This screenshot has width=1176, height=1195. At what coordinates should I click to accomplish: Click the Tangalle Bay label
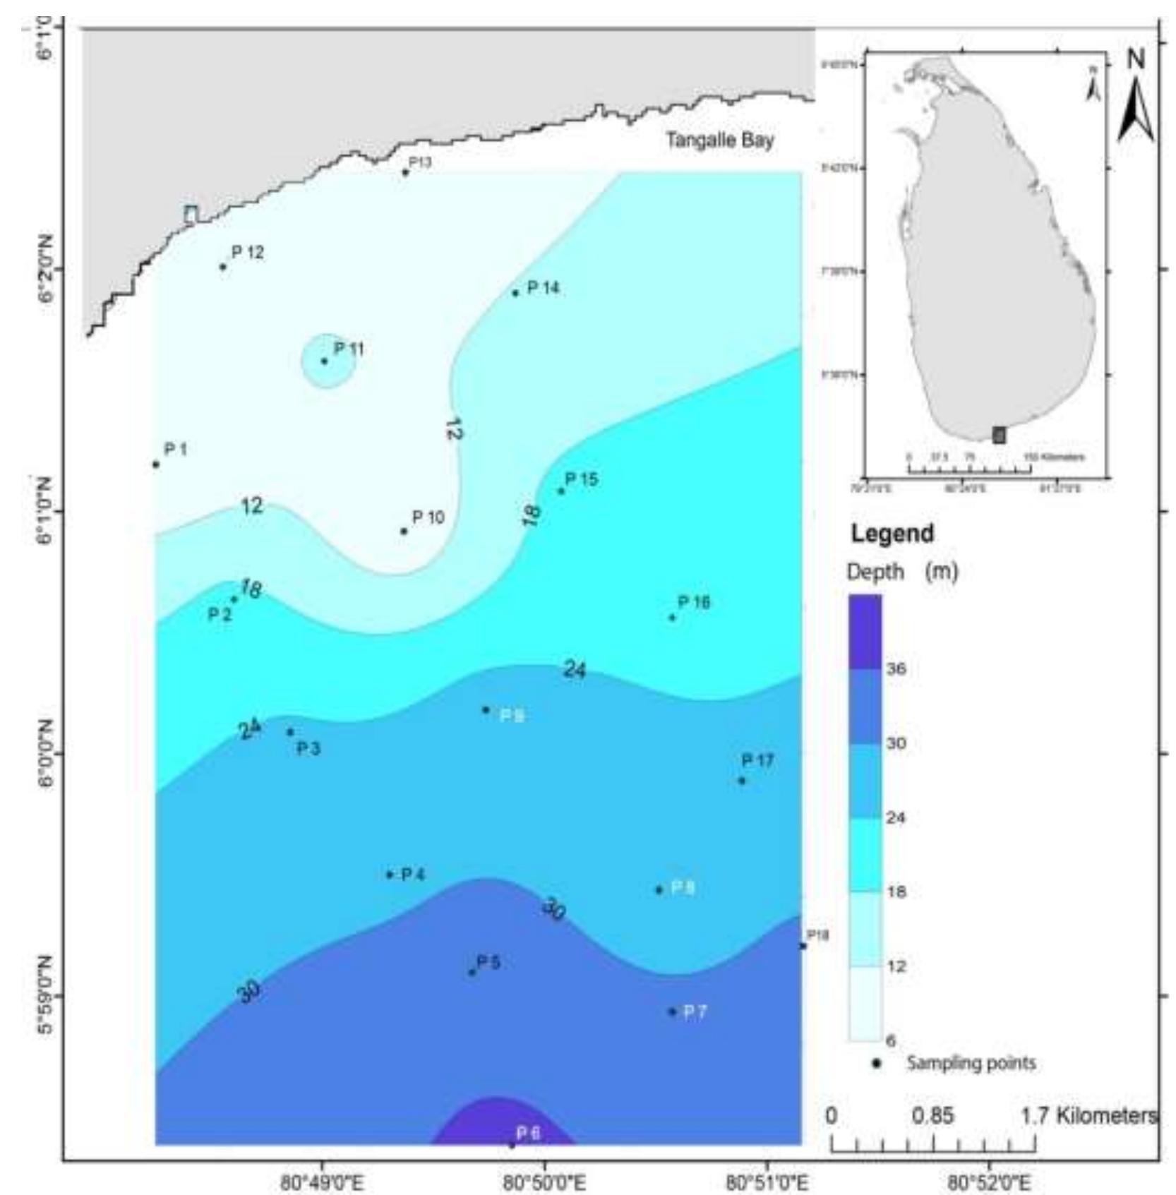(719, 140)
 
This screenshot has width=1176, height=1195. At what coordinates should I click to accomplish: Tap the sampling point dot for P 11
(324, 361)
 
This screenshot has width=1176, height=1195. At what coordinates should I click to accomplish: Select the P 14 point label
(543, 287)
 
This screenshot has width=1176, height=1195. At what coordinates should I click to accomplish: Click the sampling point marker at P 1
(156, 464)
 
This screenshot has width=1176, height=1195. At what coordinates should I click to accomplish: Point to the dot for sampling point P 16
(672, 618)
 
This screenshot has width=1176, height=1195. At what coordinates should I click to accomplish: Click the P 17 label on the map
(757, 760)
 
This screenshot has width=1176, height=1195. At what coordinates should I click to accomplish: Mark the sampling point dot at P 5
(472, 972)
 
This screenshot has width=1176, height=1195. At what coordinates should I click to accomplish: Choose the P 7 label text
(695, 1011)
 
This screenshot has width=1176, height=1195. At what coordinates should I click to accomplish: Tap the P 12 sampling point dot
(223, 267)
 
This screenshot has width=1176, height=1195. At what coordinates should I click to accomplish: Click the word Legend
(892, 533)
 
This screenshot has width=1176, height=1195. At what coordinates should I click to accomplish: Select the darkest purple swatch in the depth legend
(865, 631)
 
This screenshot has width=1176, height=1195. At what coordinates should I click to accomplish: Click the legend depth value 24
(896, 818)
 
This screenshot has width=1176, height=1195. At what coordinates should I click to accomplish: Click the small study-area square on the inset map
(998, 435)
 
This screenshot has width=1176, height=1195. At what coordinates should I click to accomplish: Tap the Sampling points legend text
(971, 1062)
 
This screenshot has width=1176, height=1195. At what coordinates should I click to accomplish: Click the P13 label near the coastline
(420, 162)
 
